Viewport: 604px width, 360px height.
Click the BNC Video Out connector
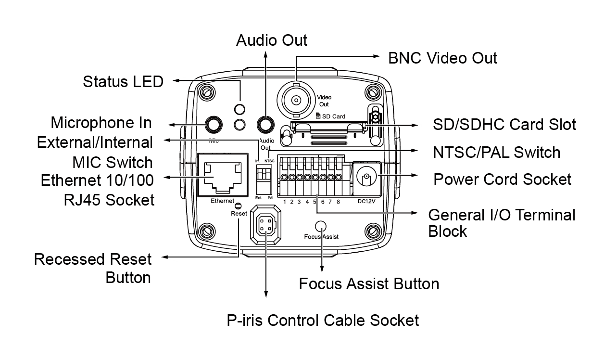click(296, 101)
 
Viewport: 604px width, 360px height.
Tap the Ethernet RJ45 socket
click(223, 175)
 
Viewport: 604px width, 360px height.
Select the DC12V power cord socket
click(367, 179)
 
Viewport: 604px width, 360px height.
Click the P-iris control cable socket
click(265, 225)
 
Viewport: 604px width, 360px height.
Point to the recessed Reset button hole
click(238, 206)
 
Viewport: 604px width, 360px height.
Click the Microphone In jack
click(214, 125)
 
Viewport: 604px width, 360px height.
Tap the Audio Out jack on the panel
click(265, 125)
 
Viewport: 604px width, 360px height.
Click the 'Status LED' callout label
click(123, 81)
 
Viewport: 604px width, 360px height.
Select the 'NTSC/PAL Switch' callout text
click(496, 152)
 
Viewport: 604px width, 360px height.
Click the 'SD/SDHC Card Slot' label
click(504, 124)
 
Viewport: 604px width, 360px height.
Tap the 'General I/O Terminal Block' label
click(502, 223)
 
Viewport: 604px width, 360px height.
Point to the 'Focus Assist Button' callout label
click(369, 284)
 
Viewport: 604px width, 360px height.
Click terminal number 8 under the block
click(338, 202)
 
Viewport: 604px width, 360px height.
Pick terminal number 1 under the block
click(285, 202)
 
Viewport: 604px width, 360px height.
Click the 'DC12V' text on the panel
click(366, 201)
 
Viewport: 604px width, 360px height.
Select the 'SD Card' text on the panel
click(334, 116)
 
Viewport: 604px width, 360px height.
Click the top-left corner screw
click(207, 92)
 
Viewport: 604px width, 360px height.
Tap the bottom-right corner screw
click(373, 231)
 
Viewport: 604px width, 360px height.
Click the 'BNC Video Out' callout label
click(442, 58)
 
